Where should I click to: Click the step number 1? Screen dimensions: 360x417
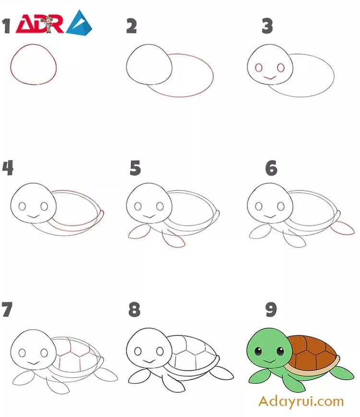(x=6, y=26)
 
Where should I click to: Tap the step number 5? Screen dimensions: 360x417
(x=135, y=168)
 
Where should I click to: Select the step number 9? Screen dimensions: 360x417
(x=271, y=309)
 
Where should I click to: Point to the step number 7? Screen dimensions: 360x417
(x=7, y=309)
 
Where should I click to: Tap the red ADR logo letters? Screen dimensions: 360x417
(x=40, y=24)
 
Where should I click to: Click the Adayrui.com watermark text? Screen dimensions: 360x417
(x=301, y=401)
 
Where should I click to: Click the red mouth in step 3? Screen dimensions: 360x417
(x=269, y=78)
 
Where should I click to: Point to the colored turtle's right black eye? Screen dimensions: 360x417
(x=280, y=351)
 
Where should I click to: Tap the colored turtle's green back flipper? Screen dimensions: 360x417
(x=343, y=372)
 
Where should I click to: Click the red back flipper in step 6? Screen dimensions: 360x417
(x=343, y=228)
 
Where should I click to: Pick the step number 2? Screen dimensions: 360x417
(x=132, y=26)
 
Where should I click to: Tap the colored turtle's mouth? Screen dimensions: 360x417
(x=269, y=362)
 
